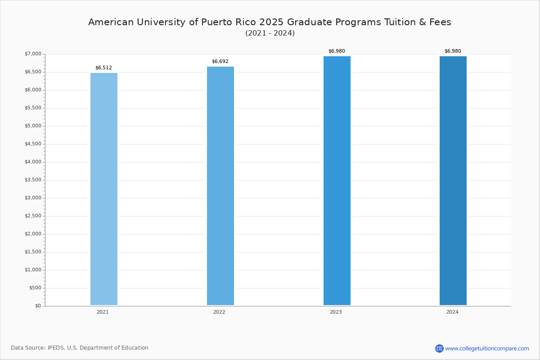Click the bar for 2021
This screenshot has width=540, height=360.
[x=104, y=189]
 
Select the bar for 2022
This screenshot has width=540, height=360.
[x=220, y=186]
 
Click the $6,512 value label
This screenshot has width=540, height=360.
[x=103, y=68]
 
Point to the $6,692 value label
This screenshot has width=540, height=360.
[x=220, y=62]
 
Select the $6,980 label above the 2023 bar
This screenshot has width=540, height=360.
[x=337, y=51]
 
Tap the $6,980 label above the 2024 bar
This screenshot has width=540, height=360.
[x=453, y=51]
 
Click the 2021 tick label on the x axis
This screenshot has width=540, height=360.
[x=103, y=312]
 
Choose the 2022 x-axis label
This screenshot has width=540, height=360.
[x=219, y=312]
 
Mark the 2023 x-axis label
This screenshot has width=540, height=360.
[x=336, y=312]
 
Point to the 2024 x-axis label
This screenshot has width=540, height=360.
[x=452, y=312]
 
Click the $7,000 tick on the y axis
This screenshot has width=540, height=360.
[x=33, y=54]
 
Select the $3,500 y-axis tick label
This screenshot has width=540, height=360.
[x=33, y=180]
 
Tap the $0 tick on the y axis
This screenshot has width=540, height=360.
[x=38, y=306]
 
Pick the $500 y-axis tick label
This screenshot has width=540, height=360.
[x=35, y=288]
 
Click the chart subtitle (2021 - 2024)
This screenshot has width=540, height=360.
[x=270, y=33]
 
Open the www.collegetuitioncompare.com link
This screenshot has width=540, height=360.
[x=487, y=348]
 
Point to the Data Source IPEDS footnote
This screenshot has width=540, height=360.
[x=80, y=348]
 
